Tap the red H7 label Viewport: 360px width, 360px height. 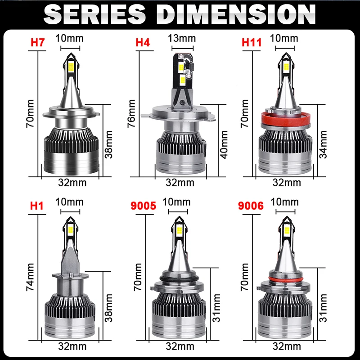[x=38, y=43]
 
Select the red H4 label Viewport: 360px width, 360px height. [x=143, y=43]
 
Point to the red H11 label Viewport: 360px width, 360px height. [x=251, y=43]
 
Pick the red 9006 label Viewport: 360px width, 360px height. [x=250, y=206]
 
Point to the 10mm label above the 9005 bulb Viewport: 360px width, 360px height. [x=175, y=202]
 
